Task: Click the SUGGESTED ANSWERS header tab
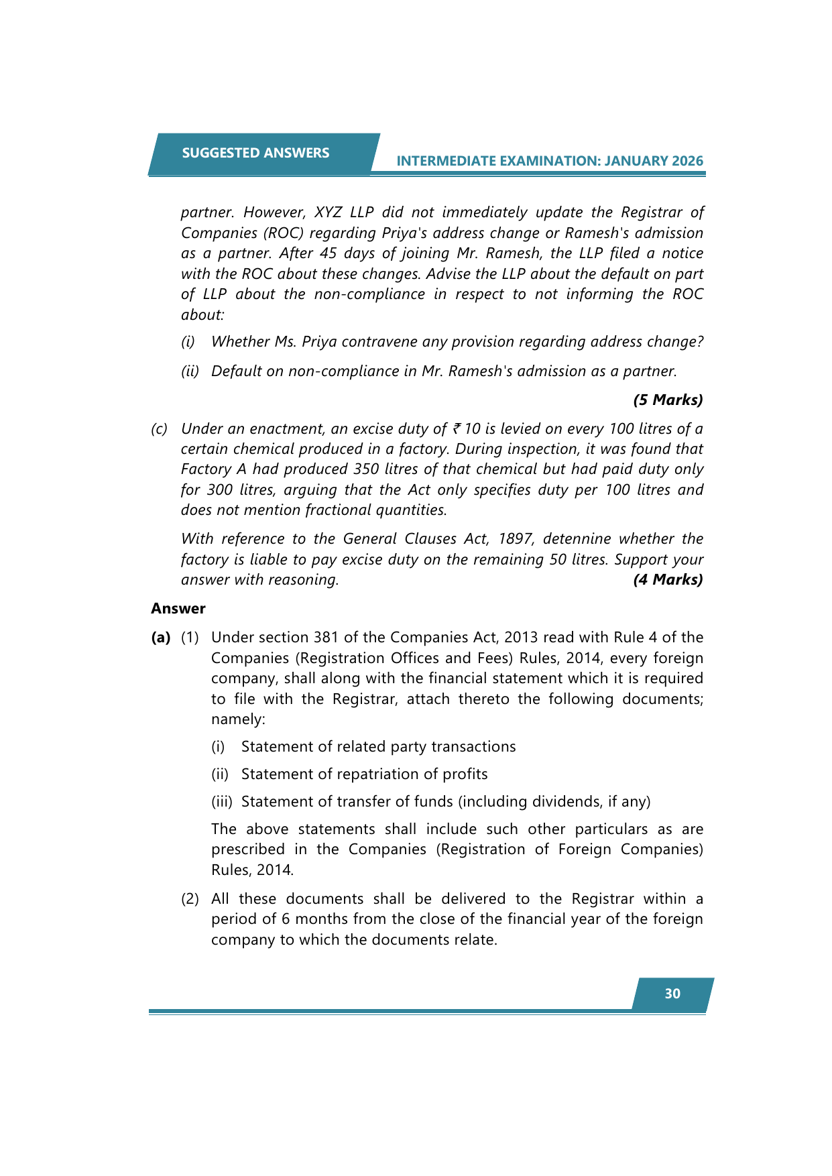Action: [255, 154]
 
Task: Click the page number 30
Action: [672, 994]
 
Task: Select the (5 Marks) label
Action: [668, 400]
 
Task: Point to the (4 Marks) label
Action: [668, 580]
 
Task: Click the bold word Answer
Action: [178, 609]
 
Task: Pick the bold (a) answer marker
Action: [161, 638]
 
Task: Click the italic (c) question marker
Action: [159, 429]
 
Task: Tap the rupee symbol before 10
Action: [457, 429]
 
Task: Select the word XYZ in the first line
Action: [329, 213]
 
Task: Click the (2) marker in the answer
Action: [190, 899]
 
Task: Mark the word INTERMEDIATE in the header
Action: [449, 161]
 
